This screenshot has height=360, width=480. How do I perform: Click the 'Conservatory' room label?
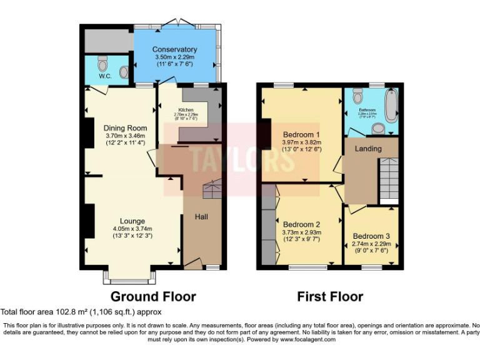pos(176,49)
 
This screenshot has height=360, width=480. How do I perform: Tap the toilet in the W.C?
pos(103,63)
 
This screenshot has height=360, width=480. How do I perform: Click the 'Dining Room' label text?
pos(126,128)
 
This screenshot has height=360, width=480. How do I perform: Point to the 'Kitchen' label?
pos(186,109)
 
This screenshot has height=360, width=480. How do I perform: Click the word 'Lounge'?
pos(132,221)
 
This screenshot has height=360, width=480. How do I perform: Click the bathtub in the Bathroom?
pos(391,106)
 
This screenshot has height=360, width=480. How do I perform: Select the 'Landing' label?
pos(368,149)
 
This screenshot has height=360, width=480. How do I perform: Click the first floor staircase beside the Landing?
pos(388,178)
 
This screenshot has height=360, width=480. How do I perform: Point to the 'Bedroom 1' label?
pos(301,134)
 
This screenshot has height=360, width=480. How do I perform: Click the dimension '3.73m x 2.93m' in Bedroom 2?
pos(301,232)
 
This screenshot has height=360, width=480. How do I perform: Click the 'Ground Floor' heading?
pos(153,296)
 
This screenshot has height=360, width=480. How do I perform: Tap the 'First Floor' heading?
pos(330,296)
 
